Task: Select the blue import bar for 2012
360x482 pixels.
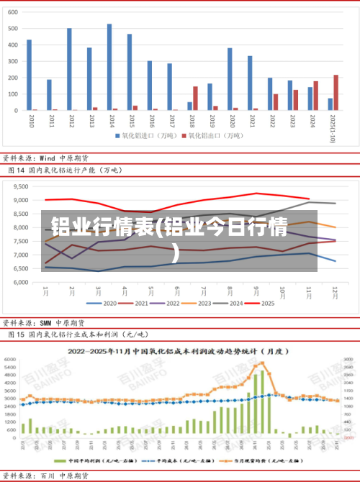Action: coord(69,69)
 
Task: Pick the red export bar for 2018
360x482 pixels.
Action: coord(195,99)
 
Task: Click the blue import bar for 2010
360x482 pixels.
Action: coord(29,75)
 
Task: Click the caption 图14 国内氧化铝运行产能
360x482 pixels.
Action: coord(65,170)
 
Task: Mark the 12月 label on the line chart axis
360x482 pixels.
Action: coord(336,291)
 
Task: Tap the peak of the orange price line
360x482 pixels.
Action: coord(263,363)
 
